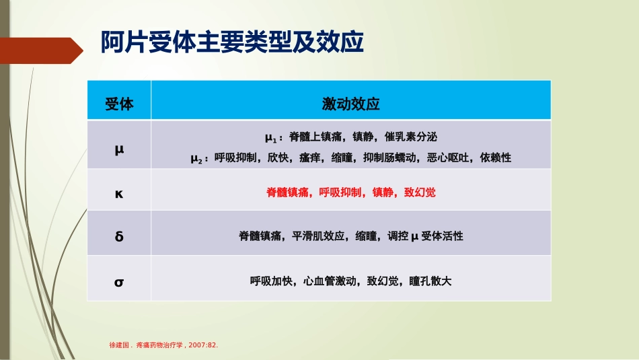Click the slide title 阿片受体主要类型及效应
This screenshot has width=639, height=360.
pos(232,42)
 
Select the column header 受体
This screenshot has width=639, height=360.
pos(119,104)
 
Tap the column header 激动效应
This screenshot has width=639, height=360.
pos(350,104)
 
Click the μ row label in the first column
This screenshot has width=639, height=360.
pos(119,147)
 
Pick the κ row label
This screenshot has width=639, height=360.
pos(119,192)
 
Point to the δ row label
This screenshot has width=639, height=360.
pos(119,236)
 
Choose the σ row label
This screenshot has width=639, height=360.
pos(119,281)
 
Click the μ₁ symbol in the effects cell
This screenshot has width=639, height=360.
pos(271,138)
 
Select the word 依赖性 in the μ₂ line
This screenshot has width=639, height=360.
pos(496,158)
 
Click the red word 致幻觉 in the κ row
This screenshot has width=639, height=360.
pos(420,192)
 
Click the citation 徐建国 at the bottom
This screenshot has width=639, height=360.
pos(119,345)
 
